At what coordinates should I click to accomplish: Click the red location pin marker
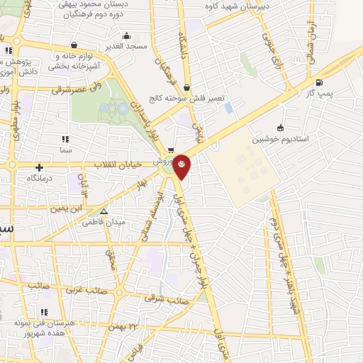pyautogui.click(x=182, y=166)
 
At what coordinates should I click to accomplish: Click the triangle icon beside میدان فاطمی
pyautogui.click(x=104, y=211)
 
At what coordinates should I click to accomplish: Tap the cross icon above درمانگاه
pyautogui.click(x=39, y=167)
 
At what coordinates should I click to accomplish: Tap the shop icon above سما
pyautogui.click(x=67, y=140)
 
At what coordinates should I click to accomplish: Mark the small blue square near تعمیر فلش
pyautogui.click(x=228, y=108)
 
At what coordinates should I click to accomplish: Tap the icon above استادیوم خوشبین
pyautogui.click(x=281, y=128)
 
